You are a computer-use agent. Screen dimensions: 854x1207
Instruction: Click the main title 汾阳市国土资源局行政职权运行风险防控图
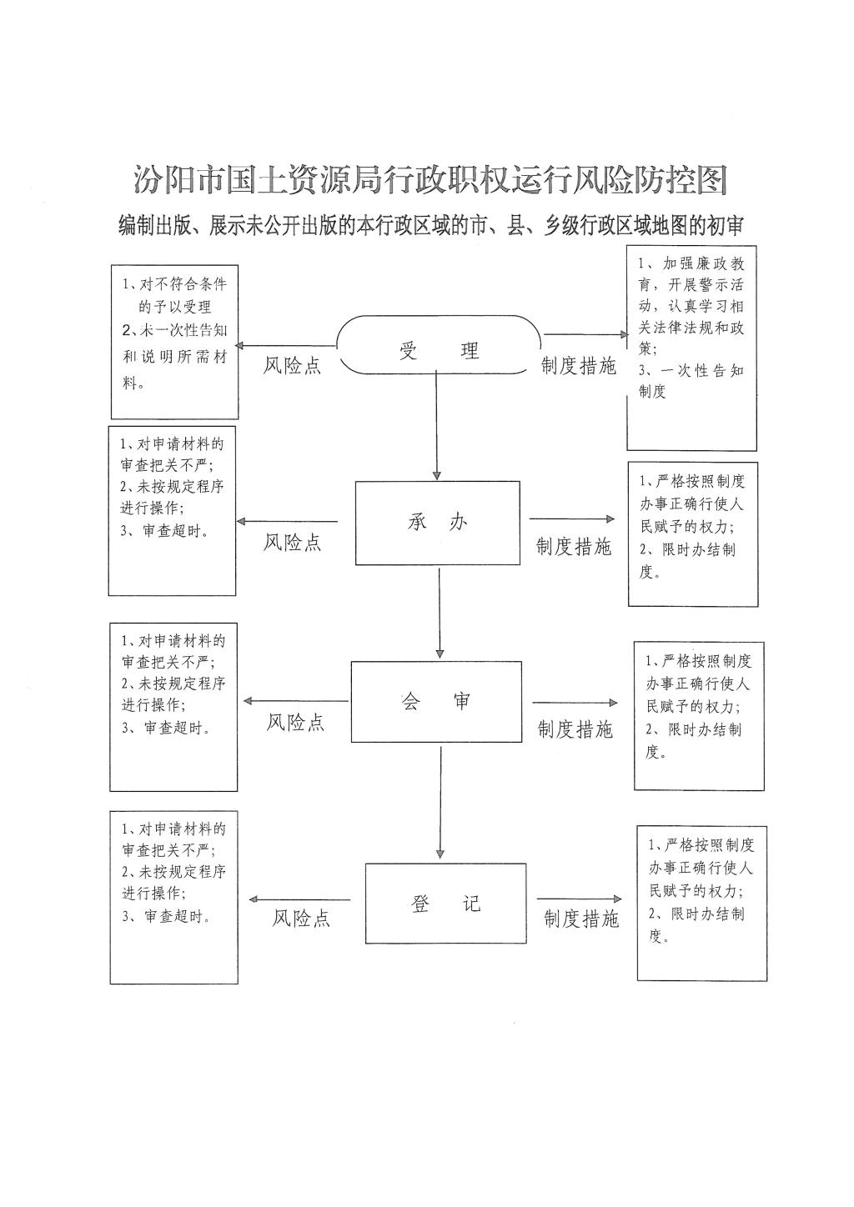coord(431,179)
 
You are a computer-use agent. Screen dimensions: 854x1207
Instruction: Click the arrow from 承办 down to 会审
coord(440,614)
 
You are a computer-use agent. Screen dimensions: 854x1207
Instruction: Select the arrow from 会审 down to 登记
coord(440,803)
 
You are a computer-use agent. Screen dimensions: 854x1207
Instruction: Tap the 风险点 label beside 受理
coord(292,366)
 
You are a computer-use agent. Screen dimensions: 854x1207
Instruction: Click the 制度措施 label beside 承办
coord(574,546)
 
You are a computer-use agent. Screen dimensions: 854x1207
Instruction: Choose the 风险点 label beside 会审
coord(295,722)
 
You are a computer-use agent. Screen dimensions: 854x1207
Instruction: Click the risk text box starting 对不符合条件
coord(174,342)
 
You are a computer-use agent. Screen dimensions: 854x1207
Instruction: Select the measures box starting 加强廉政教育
coord(691,348)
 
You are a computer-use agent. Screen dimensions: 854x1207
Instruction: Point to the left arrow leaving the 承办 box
coord(287,522)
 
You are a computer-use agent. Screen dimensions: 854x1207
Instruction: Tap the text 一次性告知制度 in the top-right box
coord(691,381)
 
